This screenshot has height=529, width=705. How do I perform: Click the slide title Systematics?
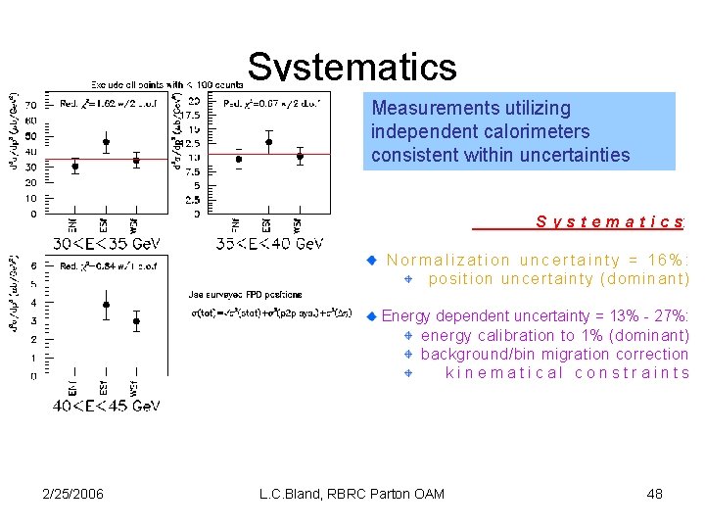click(x=352, y=68)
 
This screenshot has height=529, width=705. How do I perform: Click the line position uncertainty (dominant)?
click(x=558, y=279)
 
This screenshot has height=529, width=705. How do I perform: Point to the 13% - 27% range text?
click(x=646, y=316)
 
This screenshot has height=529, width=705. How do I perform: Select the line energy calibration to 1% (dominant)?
click(x=554, y=335)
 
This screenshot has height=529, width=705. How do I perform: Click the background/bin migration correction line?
click(x=554, y=354)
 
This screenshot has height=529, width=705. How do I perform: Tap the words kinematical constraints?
click(x=567, y=372)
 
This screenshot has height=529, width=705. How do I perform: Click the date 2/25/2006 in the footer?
click(x=72, y=493)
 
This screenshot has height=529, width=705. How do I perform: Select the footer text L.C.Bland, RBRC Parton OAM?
click(x=352, y=493)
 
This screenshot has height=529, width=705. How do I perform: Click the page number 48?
click(x=655, y=493)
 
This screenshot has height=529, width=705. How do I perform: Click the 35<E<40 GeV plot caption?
click(x=270, y=243)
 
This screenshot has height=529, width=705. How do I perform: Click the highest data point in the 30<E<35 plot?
click(x=106, y=142)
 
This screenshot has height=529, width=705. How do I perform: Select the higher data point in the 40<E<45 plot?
click(x=106, y=305)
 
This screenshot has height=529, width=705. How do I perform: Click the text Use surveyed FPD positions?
click(x=245, y=294)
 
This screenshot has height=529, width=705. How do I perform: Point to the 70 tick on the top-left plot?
click(x=30, y=104)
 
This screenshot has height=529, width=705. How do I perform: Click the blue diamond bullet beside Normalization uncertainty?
click(x=372, y=261)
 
